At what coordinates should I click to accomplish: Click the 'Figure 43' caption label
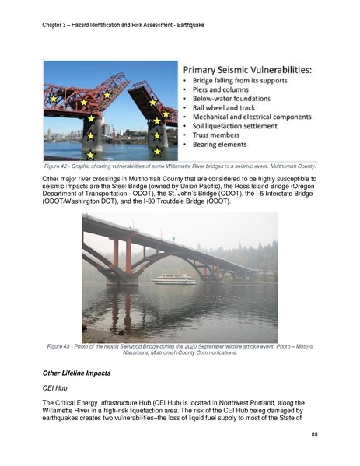[61, 345]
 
